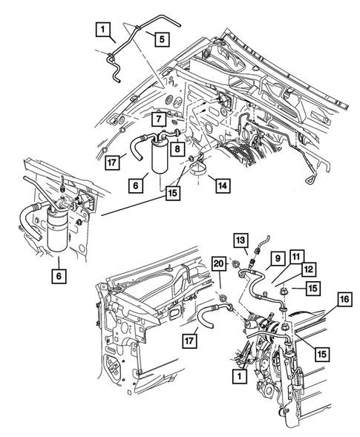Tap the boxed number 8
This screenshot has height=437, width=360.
(x=177, y=148)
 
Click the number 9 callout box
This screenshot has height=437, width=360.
(x=274, y=258)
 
